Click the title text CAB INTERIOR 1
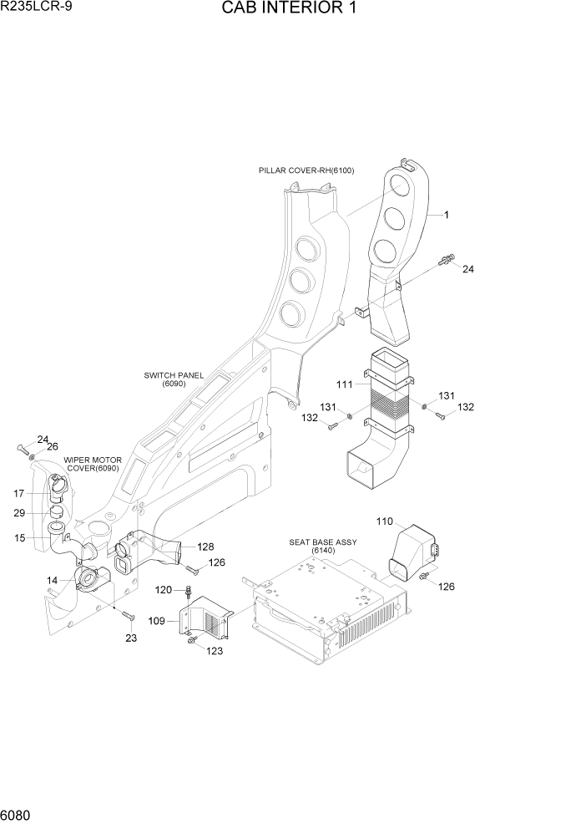(291, 10)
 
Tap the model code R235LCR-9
(35, 8)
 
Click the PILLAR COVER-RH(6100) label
(306, 170)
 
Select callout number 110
(384, 521)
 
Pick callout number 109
(157, 621)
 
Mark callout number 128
(206, 547)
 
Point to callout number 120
(164, 590)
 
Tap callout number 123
(215, 651)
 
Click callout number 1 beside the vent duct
(446, 215)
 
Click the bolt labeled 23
(128, 618)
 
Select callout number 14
(52, 579)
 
